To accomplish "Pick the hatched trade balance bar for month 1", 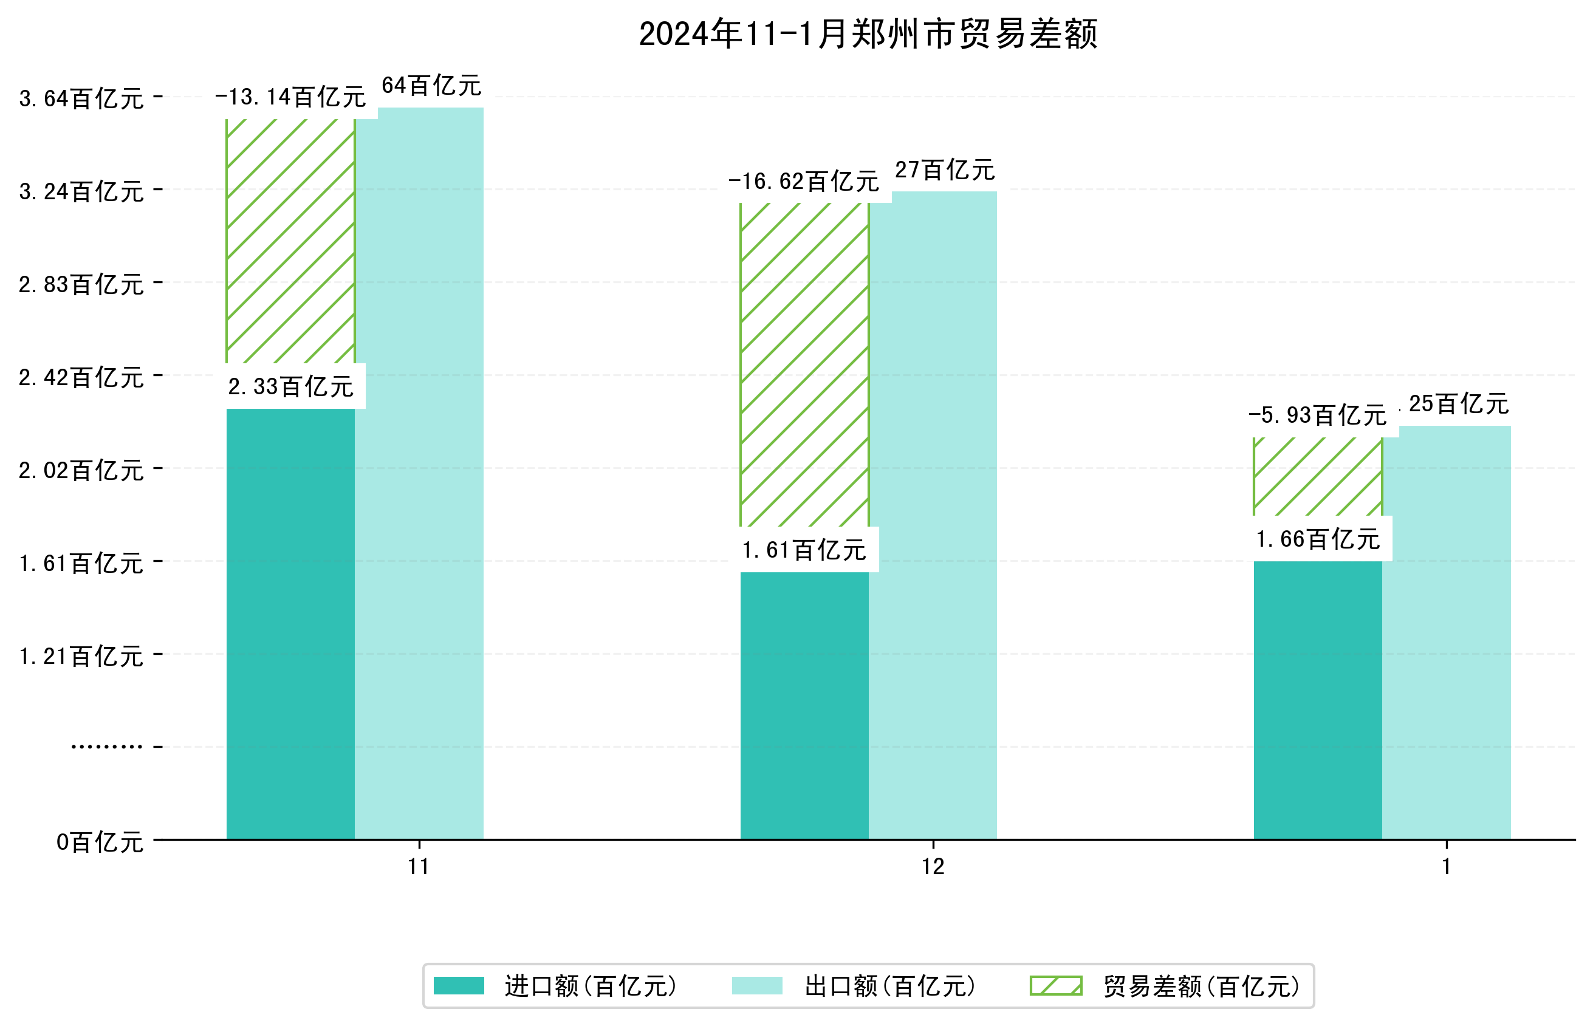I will coord(1317,476).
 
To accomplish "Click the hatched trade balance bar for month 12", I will coord(804,364).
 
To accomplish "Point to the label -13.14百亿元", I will coord(290,97).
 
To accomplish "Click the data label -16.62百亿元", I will coord(804,181).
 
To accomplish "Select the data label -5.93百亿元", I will coord(1317,415).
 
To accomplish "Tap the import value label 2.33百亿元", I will coord(290,386).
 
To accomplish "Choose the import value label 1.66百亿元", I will coord(1317,539).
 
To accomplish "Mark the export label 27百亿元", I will coord(944,171).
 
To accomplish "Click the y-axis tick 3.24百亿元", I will coord(81,192).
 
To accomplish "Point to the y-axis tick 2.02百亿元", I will coord(81,470).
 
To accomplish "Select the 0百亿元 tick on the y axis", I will coord(100,842).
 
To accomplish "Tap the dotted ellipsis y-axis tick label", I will coord(106,747).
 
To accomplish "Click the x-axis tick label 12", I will coord(933,867).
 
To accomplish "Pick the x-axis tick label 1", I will coord(1446,867).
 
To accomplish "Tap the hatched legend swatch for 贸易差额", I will coord(1055,985).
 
